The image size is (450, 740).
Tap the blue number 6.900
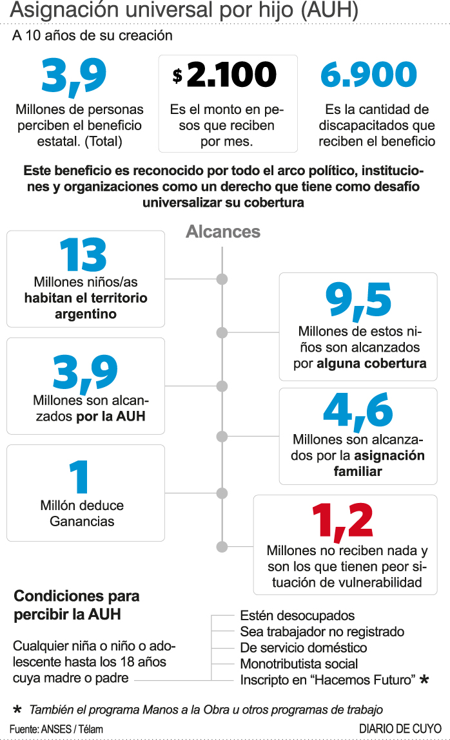pos(369,75)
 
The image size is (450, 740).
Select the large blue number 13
pos(84,256)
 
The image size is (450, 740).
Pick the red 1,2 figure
pos(342,520)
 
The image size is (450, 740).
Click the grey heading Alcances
pos(223,232)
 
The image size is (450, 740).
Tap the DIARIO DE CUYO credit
pos(400,728)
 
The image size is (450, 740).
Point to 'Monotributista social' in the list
pos(298,663)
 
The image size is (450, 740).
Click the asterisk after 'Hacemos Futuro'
pos(424,679)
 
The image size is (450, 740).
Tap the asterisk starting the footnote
pos(17,709)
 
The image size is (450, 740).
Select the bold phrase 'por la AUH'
pos(111,416)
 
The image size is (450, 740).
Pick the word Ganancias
pos(82,521)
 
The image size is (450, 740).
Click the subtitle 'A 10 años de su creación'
pos(92,35)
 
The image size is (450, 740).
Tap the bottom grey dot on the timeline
pos(222,547)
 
